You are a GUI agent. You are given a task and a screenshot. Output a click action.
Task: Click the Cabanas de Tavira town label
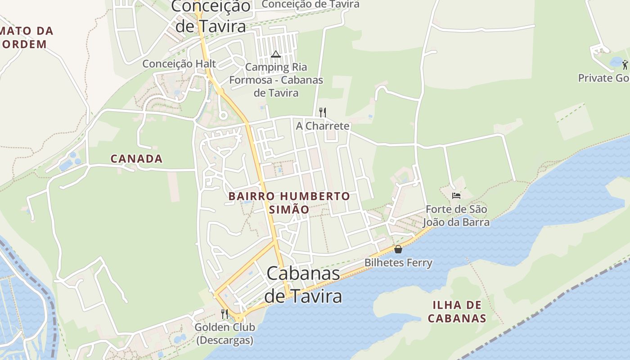[x=303, y=284]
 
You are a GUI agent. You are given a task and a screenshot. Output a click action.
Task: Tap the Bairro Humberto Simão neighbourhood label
[x=289, y=203]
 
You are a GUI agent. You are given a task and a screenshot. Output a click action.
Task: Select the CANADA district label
[x=136, y=159]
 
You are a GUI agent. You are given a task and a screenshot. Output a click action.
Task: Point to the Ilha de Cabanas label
[x=457, y=312]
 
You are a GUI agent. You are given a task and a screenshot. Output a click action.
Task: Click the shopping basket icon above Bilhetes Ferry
[x=398, y=249]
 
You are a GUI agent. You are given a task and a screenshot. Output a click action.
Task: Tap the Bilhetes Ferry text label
[x=398, y=263]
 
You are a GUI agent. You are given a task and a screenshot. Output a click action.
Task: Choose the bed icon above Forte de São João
[x=456, y=195]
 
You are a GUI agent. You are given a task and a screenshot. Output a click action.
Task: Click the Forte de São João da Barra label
[x=456, y=216]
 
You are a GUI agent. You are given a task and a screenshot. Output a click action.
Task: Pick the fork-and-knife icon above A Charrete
[x=322, y=112]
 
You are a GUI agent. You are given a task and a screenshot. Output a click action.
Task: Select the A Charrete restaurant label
[x=322, y=126]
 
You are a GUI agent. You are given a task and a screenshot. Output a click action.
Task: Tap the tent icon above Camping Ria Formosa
[x=276, y=54]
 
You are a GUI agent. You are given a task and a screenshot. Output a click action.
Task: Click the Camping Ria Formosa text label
[x=276, y=80]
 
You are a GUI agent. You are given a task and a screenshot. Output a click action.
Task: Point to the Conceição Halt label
[x=179, y=64]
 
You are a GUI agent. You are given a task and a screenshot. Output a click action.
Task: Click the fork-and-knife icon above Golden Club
[x=225, y=314]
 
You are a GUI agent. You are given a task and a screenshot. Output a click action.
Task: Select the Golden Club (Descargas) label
[x=225, y=333]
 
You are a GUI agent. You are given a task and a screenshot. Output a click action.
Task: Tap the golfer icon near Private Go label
[x=625, y=65]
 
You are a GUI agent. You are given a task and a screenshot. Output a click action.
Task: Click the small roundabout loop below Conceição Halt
[x=222, y=115]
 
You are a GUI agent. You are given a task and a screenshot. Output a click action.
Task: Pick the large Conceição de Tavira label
[x=211, y=16]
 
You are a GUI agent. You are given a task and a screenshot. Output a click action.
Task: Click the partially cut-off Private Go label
[x=603, y=78]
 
